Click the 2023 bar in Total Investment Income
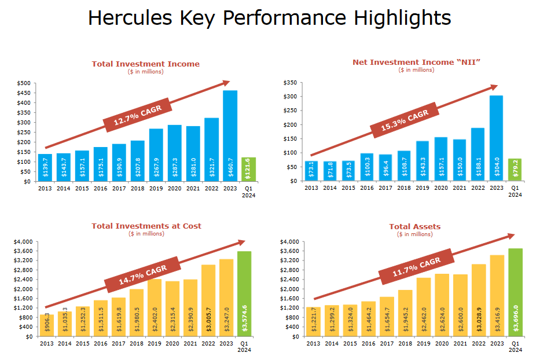point(230,136)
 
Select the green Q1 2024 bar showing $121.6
point(248,169)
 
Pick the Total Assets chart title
point(414,226)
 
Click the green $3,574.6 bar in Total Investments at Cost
point(244,293)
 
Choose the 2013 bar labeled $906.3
point(46,325)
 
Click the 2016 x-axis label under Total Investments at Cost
point(100,344)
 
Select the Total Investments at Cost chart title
point(146,226)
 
